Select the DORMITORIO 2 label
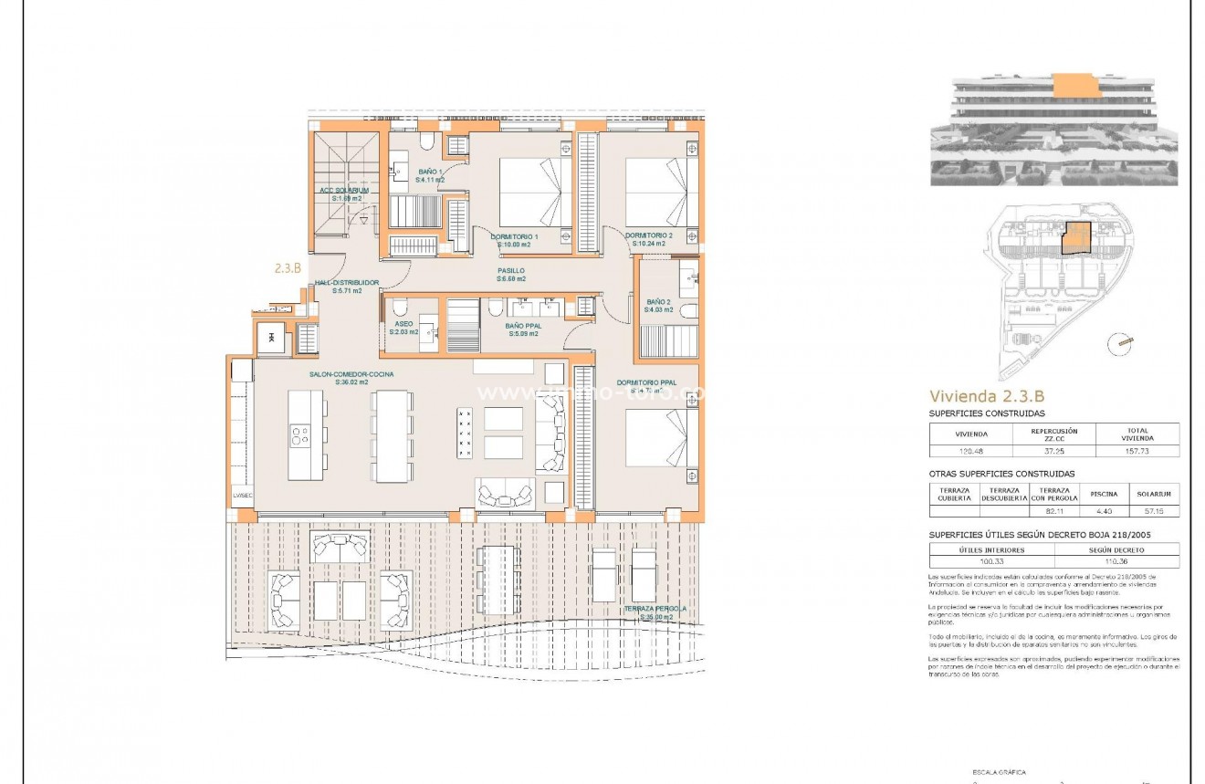coord(649,240)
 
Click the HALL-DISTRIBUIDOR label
coord(346,287)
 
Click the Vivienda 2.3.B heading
coord(986,396)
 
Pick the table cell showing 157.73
coord(1137,450)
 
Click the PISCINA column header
coord(1105,494)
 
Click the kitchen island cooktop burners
coord(299,435)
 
